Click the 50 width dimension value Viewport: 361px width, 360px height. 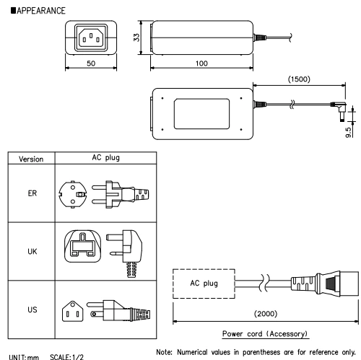pyautogui.click(x=90, y=64)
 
